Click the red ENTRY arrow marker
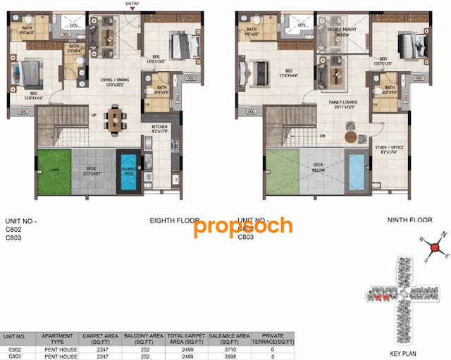[132, 10]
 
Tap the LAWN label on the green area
[54, 170]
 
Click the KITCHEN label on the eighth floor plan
[159, 128]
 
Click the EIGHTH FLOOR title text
[173, 221]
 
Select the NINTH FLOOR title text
[409, 221]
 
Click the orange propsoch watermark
[242, 226]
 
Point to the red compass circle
[436, 248]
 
